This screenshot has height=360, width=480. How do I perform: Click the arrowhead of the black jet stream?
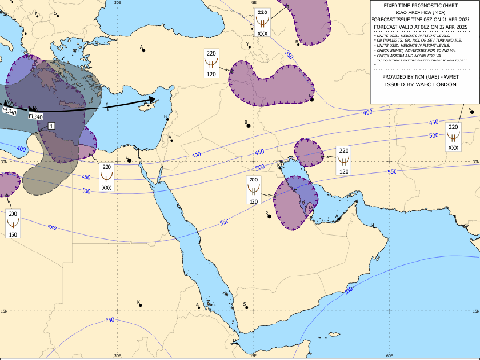[x=156, y=98]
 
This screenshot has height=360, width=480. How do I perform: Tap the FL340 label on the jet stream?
[x=36, y=116]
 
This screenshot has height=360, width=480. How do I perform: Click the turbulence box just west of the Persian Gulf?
[x=254, y=189]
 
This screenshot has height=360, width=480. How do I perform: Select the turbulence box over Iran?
[x=343, y=159]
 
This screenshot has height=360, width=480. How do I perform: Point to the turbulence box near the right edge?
[x=452, y=135]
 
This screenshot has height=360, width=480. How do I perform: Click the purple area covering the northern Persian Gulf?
[x=294, y=203]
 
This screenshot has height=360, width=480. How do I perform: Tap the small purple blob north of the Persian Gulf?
[x=308, y=152]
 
